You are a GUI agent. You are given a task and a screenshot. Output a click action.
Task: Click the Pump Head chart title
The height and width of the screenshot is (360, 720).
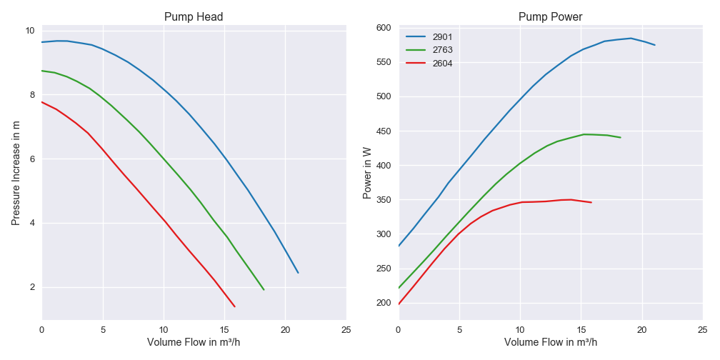194,16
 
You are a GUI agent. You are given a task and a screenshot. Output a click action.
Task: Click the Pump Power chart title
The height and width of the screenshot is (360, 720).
550,16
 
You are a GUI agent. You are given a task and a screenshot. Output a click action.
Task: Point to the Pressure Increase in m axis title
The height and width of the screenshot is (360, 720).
16,173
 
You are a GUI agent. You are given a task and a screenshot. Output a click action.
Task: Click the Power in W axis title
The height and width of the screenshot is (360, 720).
367,173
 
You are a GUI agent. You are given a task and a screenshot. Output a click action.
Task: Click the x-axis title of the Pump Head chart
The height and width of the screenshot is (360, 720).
194,342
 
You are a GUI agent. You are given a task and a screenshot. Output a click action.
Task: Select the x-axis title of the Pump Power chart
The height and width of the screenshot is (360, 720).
550,342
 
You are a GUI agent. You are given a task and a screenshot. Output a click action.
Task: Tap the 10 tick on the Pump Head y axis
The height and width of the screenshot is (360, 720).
30,31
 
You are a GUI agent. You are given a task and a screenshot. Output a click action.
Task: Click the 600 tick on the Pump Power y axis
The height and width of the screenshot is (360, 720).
384,28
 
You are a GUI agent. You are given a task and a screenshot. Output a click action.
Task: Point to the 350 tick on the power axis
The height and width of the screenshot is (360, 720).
384,200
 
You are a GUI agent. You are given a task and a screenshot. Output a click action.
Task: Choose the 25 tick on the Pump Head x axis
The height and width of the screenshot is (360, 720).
346,330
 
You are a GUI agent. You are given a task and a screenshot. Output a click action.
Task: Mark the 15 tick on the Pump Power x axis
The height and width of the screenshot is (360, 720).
581,330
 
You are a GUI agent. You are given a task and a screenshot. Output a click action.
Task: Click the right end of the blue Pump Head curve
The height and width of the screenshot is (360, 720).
298,273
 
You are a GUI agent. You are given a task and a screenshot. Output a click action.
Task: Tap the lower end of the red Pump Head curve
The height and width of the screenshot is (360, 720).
234,306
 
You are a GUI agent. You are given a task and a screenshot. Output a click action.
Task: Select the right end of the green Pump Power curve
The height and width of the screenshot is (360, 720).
620,137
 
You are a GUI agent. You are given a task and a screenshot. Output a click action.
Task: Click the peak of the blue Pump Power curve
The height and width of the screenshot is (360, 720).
630,39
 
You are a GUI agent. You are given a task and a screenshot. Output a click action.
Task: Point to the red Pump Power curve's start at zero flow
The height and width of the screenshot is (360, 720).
399,304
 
